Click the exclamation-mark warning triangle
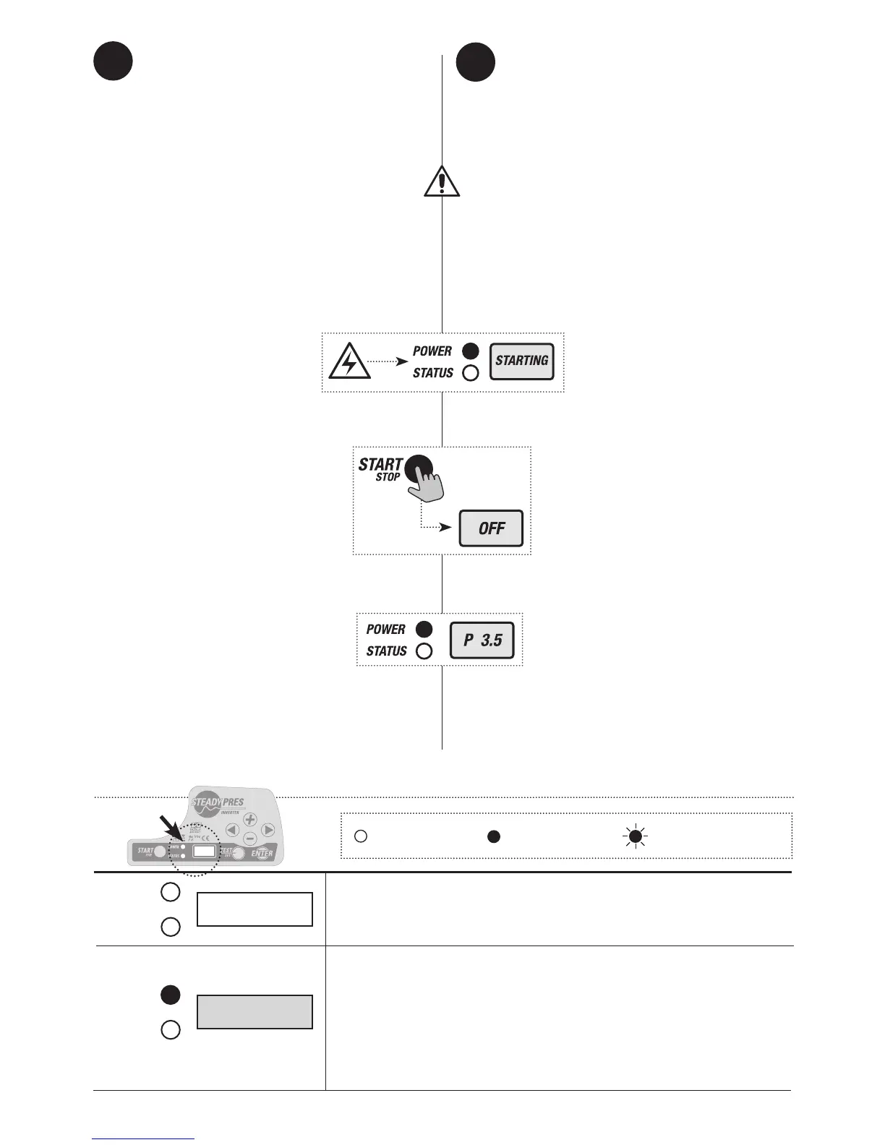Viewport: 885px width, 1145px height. coord(442,181)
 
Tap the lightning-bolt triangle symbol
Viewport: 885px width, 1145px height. coord(349,363)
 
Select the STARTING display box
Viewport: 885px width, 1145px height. coord(522,361)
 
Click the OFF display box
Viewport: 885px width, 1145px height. coord(491,528)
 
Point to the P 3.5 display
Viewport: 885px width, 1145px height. coord(482,640)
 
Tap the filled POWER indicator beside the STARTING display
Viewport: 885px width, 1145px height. coord(470,351)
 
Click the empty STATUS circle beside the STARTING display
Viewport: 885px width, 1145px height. coord(470,374)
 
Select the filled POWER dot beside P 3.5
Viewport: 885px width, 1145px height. coord(424,629)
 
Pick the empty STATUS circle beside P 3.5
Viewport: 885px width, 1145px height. coord(424,651)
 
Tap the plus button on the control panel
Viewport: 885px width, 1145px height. coord(249,820)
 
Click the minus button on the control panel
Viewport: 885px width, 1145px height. coord(249,839)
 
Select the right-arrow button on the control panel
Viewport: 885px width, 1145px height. coord(268,830)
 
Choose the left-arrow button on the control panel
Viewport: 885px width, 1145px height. coord(232,830)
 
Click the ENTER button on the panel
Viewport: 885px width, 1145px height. coord(262,853)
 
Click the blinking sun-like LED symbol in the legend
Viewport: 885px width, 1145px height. coord(636,836)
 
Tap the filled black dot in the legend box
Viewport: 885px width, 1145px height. coord(493,836)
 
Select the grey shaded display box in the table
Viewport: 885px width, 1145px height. coord(255,1012)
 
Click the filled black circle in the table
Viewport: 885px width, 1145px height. coord(170,995)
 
